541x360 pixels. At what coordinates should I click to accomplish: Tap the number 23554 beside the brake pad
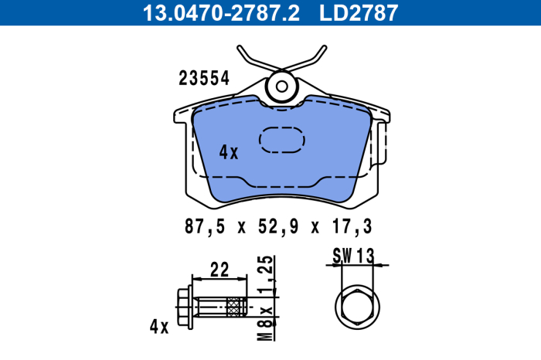point(204,78)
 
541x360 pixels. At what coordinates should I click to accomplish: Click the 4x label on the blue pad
point(229,152)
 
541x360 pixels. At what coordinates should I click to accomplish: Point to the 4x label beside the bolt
point(158,326)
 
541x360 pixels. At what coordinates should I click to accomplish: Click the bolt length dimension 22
point(219,270)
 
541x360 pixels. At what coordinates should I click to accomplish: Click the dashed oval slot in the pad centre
point(282,139)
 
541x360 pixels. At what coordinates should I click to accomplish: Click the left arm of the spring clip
point(251,62)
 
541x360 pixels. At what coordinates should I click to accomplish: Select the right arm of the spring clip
point(311,62)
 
